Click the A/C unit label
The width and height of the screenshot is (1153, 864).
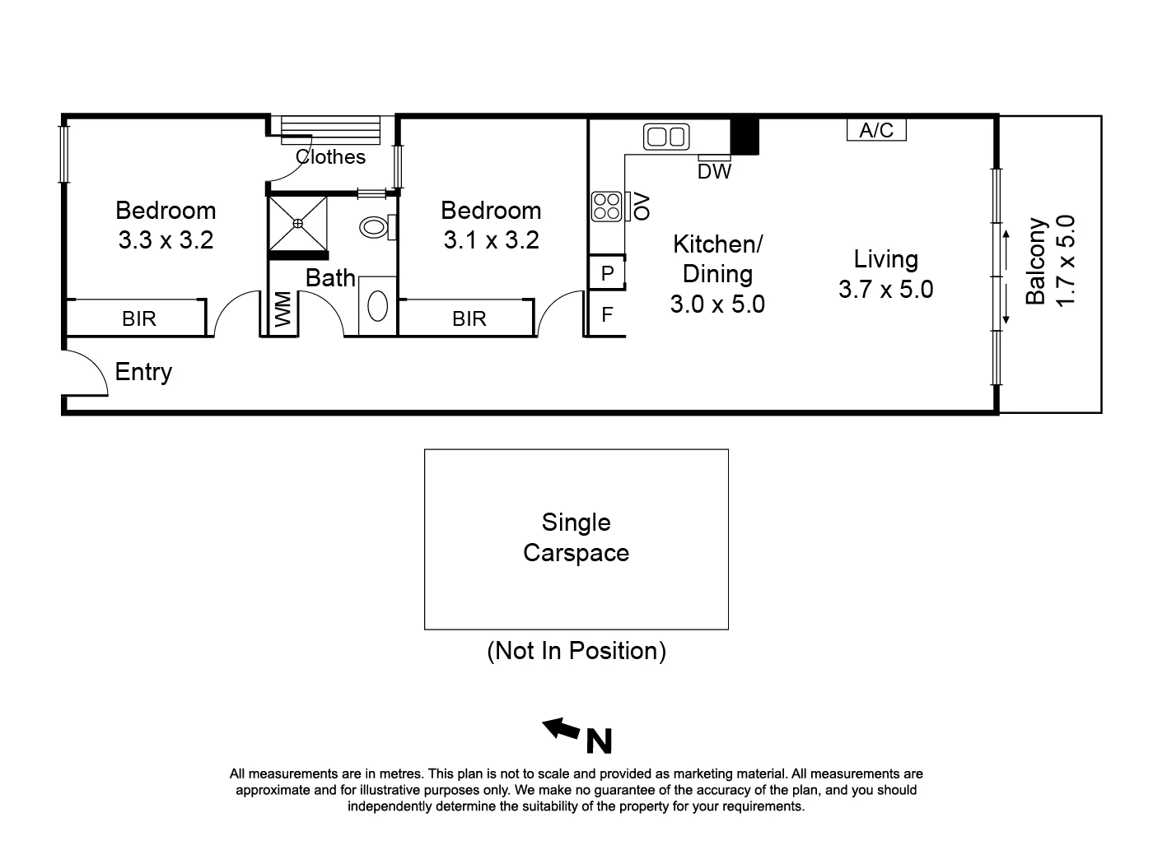(876, 130)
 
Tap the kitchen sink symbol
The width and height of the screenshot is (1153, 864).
(666, 137)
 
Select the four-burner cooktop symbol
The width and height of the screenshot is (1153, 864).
(607, 207)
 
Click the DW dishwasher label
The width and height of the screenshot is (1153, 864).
(714, 171)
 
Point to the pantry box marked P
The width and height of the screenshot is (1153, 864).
(608, 273)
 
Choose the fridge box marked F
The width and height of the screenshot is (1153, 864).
(607, 314)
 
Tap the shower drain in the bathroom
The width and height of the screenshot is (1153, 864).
(298, 222)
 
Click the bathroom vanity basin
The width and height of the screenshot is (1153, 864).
(377, 307)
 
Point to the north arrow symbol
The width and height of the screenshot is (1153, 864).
(561, 728)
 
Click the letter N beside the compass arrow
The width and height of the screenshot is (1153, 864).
(599, 741)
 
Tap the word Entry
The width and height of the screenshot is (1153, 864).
(143, 372)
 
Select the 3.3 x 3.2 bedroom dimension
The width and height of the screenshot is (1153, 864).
(166, 240)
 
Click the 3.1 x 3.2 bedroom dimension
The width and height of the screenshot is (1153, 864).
(491, 240)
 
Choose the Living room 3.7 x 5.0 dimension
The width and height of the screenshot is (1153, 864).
(885, 290)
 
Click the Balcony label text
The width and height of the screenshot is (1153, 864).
(1036, 261)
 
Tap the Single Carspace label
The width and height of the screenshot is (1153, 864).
(576, 537)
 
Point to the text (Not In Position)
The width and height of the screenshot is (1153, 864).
(576, 651)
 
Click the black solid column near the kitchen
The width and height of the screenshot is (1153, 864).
(745, 137)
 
